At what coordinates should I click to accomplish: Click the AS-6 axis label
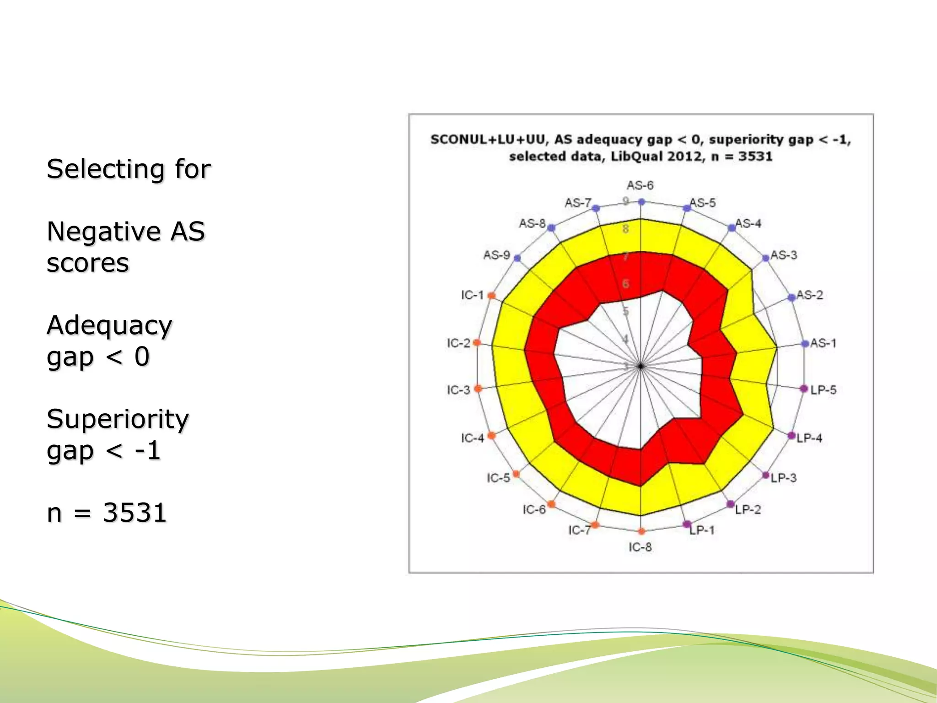(x=640, y=185)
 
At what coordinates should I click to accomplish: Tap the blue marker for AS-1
(x=805, y=344)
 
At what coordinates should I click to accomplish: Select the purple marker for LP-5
(x=803, y=389)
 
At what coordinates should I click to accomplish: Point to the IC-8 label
(x=640, y=547)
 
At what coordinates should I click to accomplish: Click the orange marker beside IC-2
(x=477, y=343)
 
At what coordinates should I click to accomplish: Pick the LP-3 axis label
(x=784, y=478)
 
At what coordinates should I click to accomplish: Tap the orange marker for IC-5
(x=516, y=474)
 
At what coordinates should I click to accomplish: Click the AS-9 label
(x=496, y=255)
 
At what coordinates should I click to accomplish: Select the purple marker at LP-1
(x=687, y=525)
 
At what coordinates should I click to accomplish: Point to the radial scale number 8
(x=626, y=229)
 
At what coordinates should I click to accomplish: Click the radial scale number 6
(x=626, y=284)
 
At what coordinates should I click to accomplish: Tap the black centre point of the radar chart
(x=641, y=366)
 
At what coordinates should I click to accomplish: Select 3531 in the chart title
(x=755, y=157)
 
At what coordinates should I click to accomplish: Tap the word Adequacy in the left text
(x=109, y=326)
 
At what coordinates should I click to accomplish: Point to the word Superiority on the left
(x=118, y=419)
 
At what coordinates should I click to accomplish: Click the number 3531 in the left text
(x=135, y=513)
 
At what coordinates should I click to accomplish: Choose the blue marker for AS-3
(x=765, y=258)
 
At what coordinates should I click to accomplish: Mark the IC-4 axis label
(x=472, y=438)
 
